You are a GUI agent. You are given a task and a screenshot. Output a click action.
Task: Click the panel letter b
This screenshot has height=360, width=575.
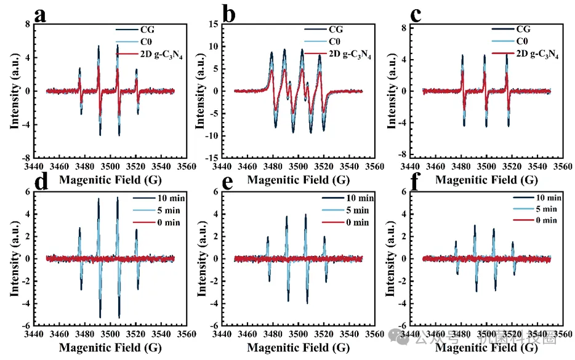(x=230, y=14)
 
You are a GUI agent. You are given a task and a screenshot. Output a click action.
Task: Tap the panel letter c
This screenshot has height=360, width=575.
(x=416, y=14)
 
